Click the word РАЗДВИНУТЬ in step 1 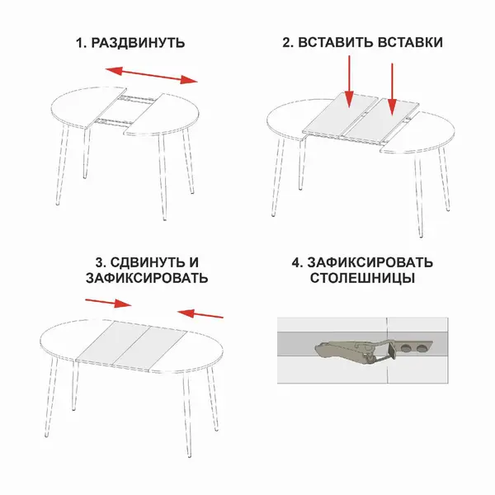(x=138, y=43)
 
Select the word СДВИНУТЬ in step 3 (x=147, y=262)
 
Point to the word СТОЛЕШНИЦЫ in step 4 (x=362, y=278)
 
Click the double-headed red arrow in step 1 (x=152, y=75)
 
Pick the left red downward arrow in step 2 (x=349, y=82)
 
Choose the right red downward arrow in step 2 (x=392, y=89)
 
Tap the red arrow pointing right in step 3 (x=108, y=303)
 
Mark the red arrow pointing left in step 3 (x=200, y=313)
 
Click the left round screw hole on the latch (x=405, y=348)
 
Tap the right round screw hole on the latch (x=421, y=348)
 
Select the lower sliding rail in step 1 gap (x=115, y=121)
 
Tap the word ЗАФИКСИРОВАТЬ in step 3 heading (x=147, y=279)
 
